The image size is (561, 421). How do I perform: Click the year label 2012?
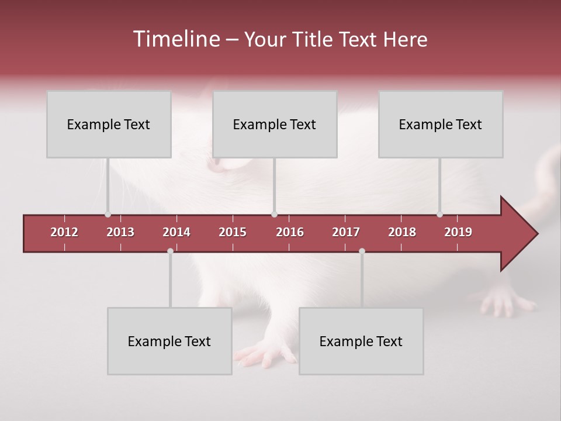click(x=64, y=232)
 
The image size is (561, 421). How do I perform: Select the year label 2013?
click(x=120, y=232)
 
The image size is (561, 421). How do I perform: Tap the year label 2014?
click(x=176, y=232)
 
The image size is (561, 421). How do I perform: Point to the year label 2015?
click(x=233, y=232)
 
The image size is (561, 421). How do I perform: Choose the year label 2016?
click(x=290, y=232)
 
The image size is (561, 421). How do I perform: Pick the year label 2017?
click(x=346, y=232)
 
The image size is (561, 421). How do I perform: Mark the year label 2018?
click(x=402, y=232)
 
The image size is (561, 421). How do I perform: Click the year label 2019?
click(x=458, y=232)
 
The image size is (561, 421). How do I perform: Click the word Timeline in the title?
click(x=176, y=39)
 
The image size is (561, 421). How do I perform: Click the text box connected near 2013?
click(x=109, y=124)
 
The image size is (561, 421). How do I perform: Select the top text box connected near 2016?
click(x=275, y=124)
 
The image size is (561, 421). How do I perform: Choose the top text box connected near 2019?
click(x=441, y=124)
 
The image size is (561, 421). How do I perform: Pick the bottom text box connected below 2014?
click(x=169, y=341)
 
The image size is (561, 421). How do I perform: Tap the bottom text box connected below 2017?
click(x=361, y=341)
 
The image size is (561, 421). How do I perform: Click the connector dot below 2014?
click(x=170, y=251)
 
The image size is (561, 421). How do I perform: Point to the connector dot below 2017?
click(x=362, y=251)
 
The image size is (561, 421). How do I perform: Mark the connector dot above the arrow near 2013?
click(x=108, y=214)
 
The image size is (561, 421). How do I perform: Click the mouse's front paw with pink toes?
click(x=266, y=354)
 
